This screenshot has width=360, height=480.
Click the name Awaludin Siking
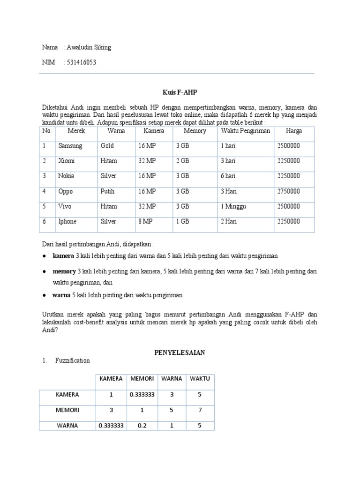(x=89, y=47)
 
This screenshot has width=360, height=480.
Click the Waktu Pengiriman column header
(x=245, y=131)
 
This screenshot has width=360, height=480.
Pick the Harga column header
(x=294, y=131)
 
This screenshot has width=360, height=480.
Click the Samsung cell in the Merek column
(x=70, y=146)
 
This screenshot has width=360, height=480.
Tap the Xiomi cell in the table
(x=67, y=161)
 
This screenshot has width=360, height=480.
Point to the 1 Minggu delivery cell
(x=233, y=206)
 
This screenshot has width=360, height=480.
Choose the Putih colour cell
(x=107, y=191)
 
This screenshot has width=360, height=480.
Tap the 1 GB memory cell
(x=183, y=221)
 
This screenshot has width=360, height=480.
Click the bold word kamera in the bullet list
(x=64, y=256)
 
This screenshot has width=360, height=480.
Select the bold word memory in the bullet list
(x=64, y=271)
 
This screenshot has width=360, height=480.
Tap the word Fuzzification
(x=72, y=360)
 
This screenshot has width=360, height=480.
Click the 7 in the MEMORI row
(x=200, y=410)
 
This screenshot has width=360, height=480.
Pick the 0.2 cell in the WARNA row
(x=142, y=426)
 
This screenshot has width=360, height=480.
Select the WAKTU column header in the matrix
(x=200, y=378)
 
